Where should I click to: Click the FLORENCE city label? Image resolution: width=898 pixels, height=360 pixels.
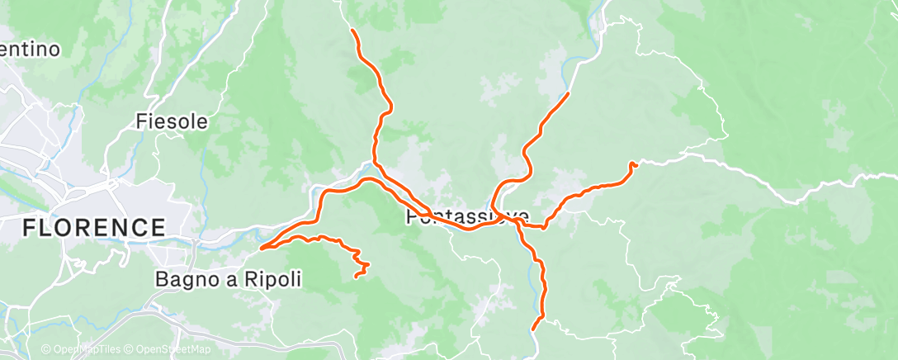[94, 227]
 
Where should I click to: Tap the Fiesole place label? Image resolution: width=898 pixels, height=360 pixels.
[172, 122]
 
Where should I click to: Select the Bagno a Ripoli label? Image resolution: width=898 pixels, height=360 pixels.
[228, 280]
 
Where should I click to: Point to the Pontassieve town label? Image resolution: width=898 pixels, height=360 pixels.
[468, 217]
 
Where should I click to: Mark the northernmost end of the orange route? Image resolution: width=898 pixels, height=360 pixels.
[353, 31]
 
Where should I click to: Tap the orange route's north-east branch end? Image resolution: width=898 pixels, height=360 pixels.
[568, 94]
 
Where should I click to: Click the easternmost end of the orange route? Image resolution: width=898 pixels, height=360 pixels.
[635, 164]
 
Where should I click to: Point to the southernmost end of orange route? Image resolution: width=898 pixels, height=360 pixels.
[535, 328]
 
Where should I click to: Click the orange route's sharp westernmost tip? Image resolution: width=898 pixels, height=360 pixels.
[261, 247]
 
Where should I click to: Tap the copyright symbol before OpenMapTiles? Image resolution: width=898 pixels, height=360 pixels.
[46, 350]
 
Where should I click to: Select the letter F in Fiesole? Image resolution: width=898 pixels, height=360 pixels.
[141, 122]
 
